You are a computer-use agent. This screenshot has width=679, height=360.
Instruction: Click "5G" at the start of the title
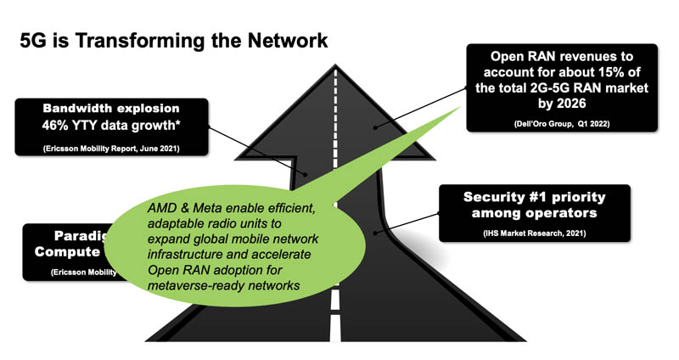coord(35,41)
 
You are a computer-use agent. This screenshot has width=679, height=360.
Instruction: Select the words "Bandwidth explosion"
coord(110,109)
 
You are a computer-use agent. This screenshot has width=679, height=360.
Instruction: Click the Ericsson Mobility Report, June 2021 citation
coord(110,149)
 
